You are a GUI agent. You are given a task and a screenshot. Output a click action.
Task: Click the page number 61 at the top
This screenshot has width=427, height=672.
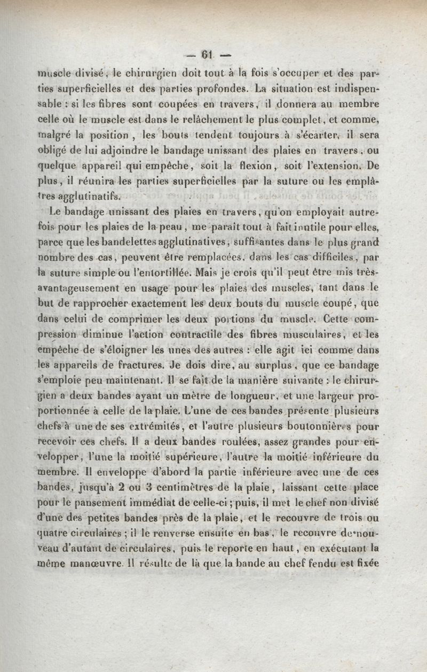[207, 53]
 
